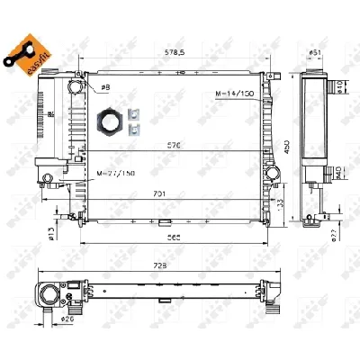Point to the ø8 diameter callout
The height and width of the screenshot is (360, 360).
(105, 86)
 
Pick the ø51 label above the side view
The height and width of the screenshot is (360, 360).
(316, 53)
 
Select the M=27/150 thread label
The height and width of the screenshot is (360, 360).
(115, 171)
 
